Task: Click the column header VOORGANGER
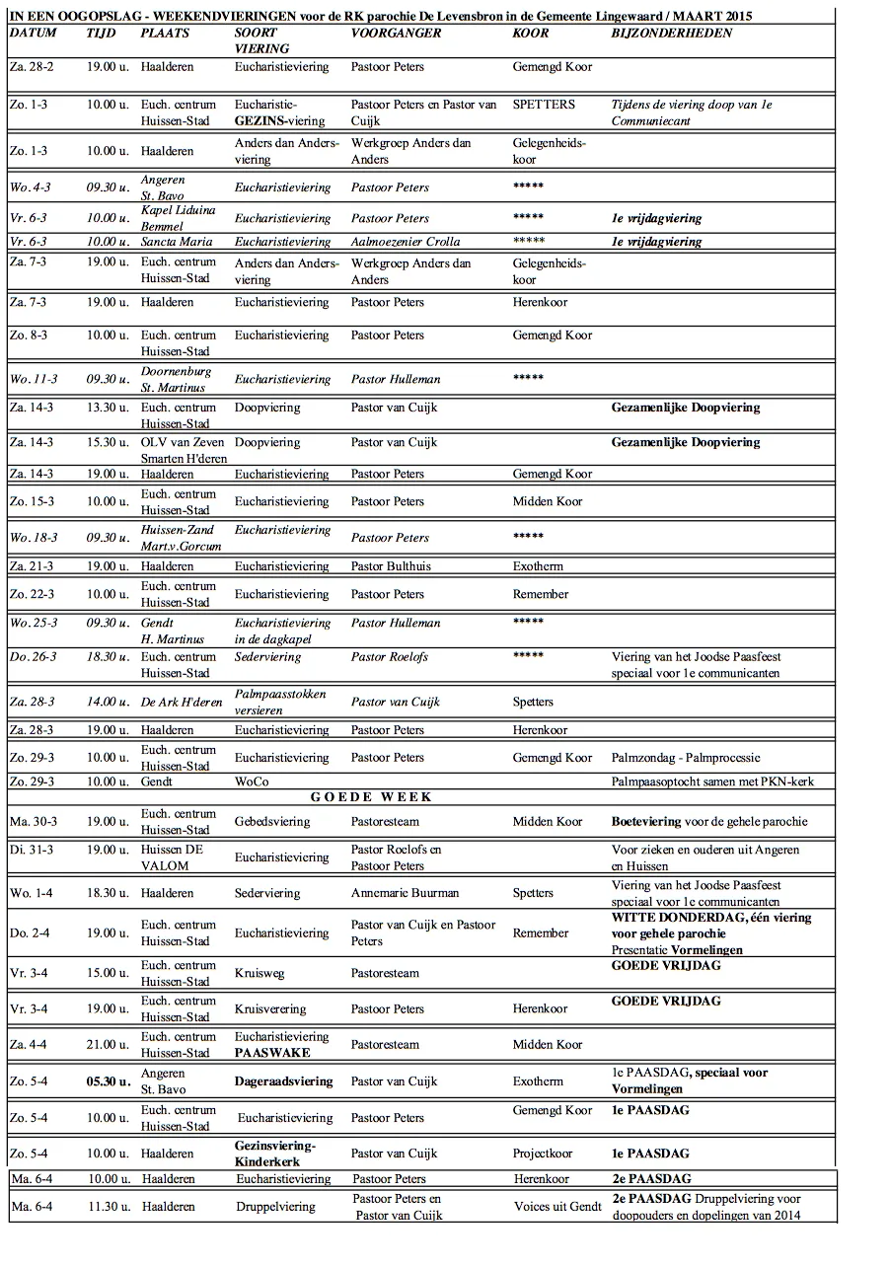click(396, 33)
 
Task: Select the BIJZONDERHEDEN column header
click(671, 33)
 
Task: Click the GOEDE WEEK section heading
click(371, 797)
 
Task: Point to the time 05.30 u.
click(108, 1081)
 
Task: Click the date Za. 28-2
click(32, 67)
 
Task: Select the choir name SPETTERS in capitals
click(544, 105)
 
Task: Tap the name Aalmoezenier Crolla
click(405, 242)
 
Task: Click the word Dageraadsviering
click(283, 1081)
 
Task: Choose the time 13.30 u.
click(107, 408)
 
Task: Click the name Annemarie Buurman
click(405, 893)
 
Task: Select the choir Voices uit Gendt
click(557, 1207)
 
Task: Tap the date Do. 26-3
click(33, 657)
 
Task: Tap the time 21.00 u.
click(107, 1045)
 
